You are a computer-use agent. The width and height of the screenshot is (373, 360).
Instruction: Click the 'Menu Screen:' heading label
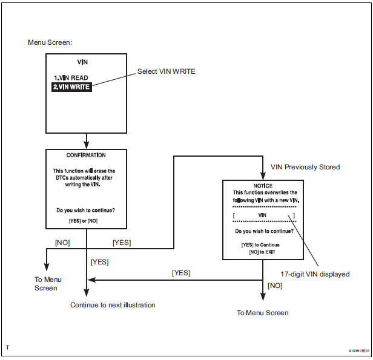[50, 43]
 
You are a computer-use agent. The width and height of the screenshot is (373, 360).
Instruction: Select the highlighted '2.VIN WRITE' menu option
[71, 87]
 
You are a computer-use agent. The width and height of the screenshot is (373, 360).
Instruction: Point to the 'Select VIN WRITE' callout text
[166, 72]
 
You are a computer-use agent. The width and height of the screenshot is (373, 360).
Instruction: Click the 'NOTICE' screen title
[262, 185]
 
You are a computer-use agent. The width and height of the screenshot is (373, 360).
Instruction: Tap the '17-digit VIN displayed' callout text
[314, 274]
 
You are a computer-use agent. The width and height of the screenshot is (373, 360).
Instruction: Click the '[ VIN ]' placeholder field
[262, 215]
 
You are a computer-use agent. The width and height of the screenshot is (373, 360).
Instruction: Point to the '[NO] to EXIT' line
[262, 251]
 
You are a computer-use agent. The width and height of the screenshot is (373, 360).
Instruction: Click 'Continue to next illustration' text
[113, 305]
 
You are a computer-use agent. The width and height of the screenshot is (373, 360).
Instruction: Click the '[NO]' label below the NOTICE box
[274, 284]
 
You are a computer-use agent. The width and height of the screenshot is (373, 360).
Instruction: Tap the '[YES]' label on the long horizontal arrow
[181, 273]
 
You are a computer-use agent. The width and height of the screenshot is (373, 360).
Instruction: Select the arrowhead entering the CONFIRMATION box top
[86, 146]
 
